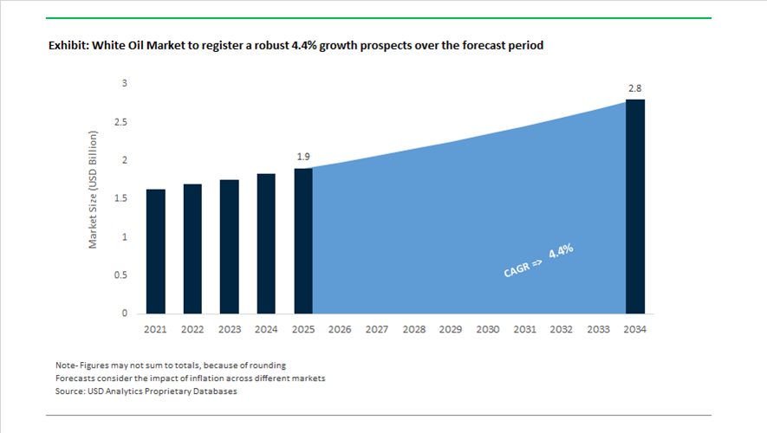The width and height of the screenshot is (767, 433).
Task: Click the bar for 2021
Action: click(156, 251)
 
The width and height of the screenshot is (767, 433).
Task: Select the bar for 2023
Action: click(230, 246)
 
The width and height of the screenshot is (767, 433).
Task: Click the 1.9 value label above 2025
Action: click(302, 157)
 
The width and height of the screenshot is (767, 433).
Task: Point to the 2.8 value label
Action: click(635, 88)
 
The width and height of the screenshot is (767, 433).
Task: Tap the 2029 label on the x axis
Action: click(451, 330)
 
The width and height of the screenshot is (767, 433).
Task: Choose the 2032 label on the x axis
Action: click(562, 330)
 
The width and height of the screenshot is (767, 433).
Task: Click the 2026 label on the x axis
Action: click(340, 330)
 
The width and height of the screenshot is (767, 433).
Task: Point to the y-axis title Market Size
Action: click(94, 190)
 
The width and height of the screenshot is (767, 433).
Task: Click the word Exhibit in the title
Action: click(68, 45)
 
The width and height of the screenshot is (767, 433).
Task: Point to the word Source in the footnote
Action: click(71, 391)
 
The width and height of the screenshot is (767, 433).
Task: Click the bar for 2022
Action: click(192, 249)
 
